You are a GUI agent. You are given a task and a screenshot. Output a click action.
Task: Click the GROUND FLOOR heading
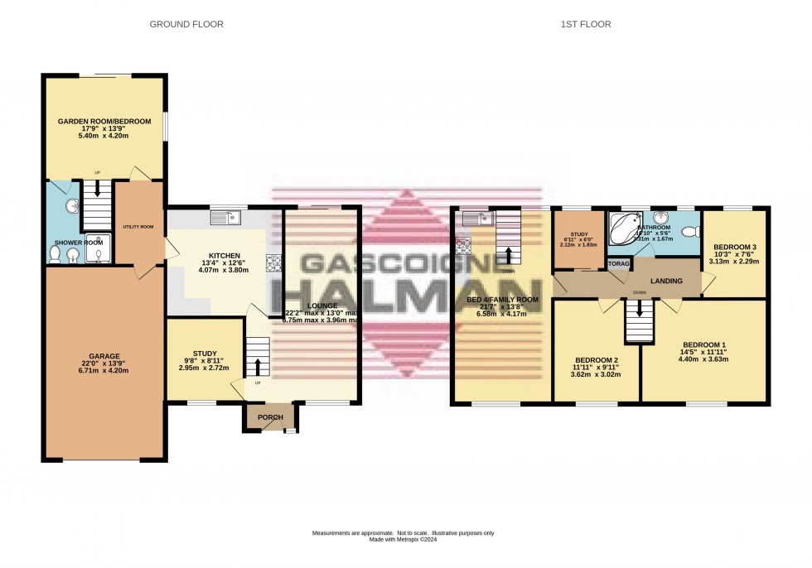[186, 25]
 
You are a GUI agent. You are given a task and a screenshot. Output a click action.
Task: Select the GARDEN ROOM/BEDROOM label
[104, 122]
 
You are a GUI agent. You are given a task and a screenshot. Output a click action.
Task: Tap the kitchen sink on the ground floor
[224, 218]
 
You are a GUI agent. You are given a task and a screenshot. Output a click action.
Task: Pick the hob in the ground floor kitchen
[273, 263]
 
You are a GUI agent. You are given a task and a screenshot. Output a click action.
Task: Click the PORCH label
[271, 416]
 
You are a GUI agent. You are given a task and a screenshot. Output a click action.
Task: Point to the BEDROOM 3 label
[734, 247]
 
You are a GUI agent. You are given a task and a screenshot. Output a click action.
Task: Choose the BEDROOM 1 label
[703, 344]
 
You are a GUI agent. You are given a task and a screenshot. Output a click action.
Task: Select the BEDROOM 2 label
[597, 360]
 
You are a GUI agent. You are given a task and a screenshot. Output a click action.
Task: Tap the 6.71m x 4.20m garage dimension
[104, 371]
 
